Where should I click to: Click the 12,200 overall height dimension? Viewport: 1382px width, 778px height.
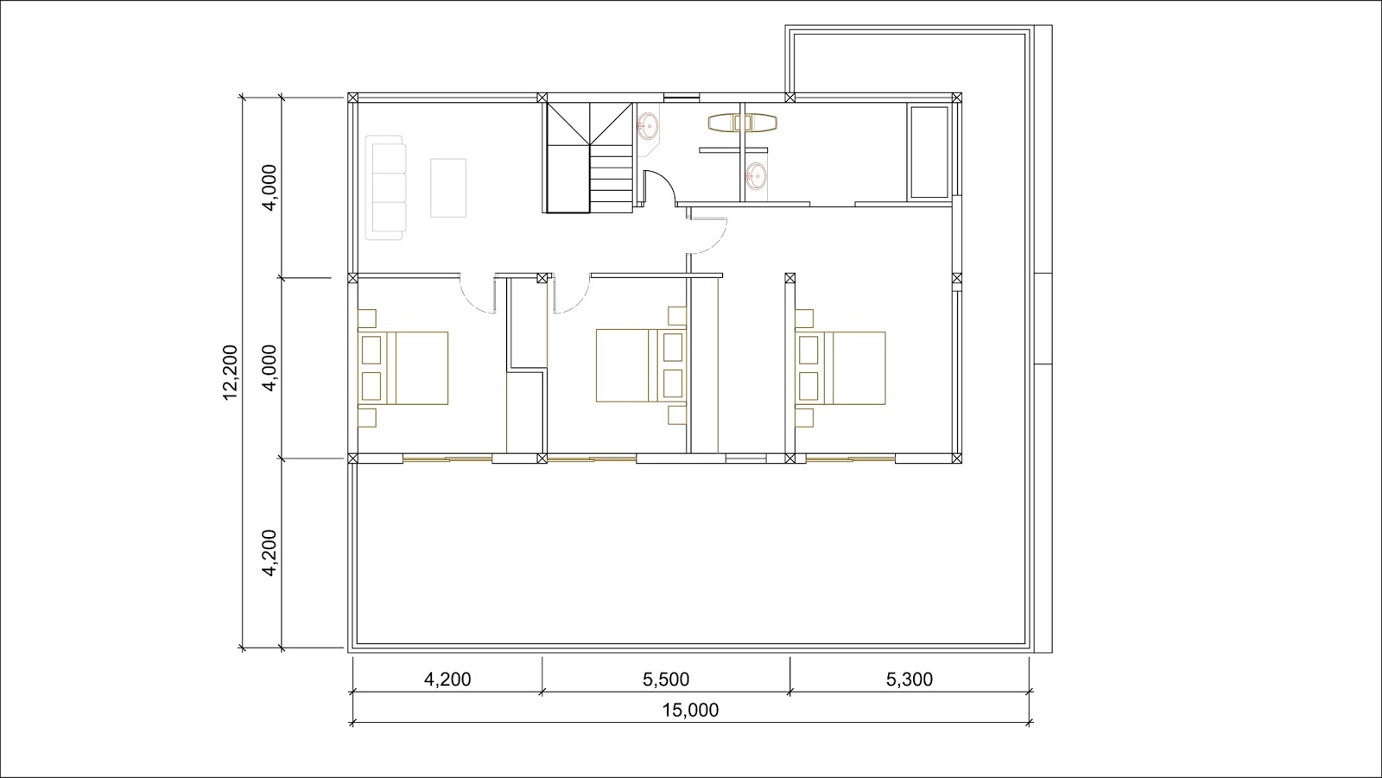[230, 372]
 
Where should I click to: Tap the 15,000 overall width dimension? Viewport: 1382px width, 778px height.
[690, 710]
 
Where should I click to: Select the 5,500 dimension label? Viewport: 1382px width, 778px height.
[666, 680]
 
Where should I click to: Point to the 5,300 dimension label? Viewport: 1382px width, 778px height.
[910, 680]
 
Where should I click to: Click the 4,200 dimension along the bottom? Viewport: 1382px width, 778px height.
[447, 680]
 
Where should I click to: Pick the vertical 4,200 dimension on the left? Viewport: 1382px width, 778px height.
[269, 553]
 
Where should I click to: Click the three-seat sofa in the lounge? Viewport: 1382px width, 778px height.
[385, 187]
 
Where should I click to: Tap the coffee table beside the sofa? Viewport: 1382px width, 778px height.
[448, 188]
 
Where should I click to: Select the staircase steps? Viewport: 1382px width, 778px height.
[590, 158]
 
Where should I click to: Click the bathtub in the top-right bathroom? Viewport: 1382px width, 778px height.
[928, 153]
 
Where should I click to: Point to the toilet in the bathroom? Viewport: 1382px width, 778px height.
[742, 123]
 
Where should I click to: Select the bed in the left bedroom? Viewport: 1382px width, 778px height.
[403, 369]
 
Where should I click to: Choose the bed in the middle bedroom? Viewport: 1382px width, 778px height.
[641, 366]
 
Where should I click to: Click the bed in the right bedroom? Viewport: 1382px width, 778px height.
[840, 369]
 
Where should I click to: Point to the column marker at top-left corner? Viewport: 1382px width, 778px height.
[352, 98]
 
